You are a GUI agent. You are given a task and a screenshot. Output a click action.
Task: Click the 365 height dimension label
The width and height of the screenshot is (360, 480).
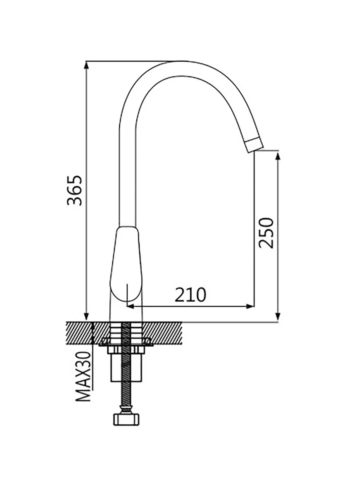(75, 190)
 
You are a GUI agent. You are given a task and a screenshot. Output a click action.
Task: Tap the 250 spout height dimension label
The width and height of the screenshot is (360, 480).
(266, 233)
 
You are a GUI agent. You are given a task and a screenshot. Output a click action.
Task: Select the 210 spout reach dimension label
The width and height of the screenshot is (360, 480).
(190, 294)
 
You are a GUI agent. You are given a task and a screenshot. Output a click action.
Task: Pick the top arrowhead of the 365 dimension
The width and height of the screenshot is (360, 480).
(86, 66)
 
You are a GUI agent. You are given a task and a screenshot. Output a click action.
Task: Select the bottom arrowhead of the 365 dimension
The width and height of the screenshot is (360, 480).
(86, 316)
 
